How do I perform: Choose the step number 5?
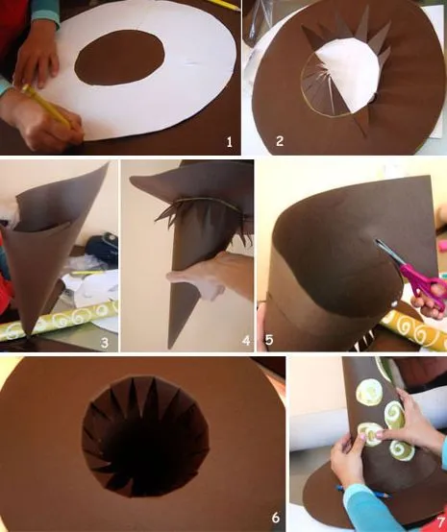click(268, 339)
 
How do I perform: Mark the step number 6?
click(275, 518)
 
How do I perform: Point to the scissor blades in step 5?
click(390, 255)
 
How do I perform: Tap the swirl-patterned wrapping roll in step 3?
click(58, 326)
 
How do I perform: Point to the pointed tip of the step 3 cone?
click(38, 331)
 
